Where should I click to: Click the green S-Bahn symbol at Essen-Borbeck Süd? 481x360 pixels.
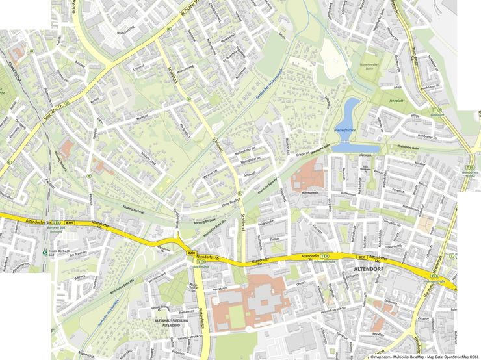[45, 253]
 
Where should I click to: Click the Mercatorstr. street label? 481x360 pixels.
[222, 287]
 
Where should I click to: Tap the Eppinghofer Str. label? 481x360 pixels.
[250, 158]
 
